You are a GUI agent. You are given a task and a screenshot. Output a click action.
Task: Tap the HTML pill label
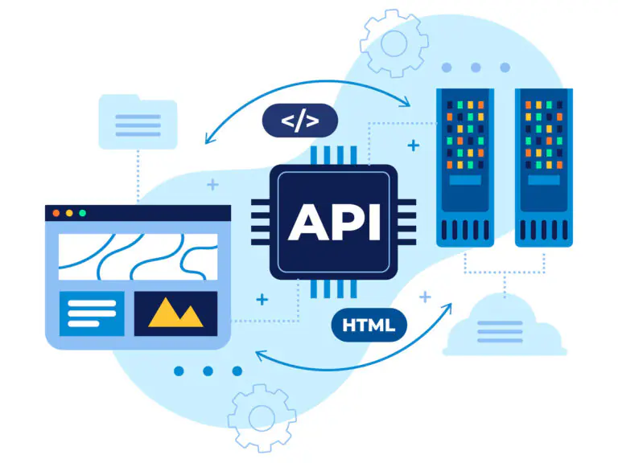[369, 325]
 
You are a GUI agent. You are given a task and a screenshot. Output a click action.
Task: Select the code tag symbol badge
[300, 121]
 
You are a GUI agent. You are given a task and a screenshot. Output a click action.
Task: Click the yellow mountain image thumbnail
[175, 313]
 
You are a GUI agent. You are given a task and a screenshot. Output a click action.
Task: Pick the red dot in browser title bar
[56, 214]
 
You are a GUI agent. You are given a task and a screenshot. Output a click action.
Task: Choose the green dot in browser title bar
[82, 214]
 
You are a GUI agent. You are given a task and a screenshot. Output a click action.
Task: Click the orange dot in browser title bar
[69, 214]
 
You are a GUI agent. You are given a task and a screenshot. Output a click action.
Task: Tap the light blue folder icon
[138, 123]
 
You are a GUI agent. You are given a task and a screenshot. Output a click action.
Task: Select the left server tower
[465, 166]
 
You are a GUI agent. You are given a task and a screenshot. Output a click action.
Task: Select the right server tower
[544, 166]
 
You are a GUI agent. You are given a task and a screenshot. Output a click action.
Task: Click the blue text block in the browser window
[92, 313]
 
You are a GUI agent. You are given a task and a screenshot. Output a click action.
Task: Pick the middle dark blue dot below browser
[208, 371]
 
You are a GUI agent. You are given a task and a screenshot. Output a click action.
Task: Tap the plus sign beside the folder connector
[212, 185]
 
